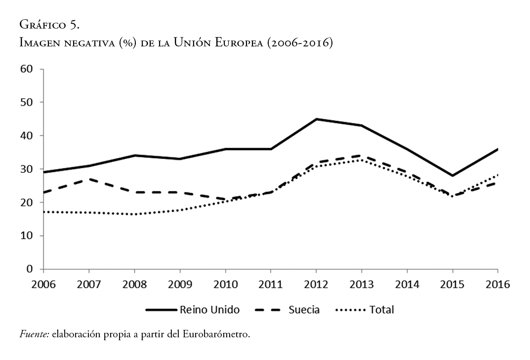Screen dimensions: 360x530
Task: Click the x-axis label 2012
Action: (316, 285)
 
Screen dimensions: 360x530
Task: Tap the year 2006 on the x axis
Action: (43, 285)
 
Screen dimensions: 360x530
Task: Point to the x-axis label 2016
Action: (497, 285)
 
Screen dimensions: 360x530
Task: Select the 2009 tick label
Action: (180, 285)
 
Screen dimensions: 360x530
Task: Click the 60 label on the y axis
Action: (26, 69)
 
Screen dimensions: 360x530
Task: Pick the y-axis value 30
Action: (26, 169)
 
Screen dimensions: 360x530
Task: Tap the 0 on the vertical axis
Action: (29, 269)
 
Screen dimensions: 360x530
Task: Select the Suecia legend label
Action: (304, 310)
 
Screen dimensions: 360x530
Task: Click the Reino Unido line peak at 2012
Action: (316, 119)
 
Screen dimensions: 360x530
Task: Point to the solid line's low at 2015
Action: (452, 175)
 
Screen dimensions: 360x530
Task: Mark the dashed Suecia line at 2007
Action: (89, 179)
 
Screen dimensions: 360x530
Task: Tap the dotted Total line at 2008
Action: (134, 214)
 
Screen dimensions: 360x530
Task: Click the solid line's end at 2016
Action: (497, 149)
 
